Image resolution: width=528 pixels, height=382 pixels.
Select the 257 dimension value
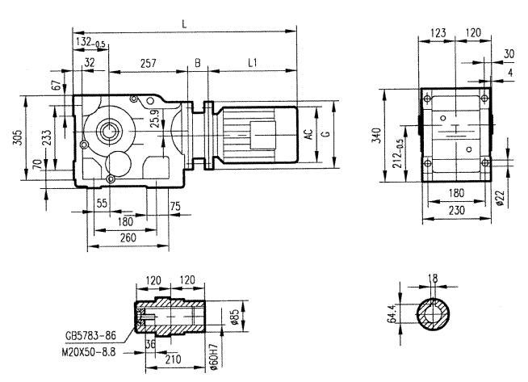click(x=148, y=61)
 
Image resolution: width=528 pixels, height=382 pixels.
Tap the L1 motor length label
click(x=252, y=61)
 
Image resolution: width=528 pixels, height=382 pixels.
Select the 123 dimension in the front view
click(x=438, y=33)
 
